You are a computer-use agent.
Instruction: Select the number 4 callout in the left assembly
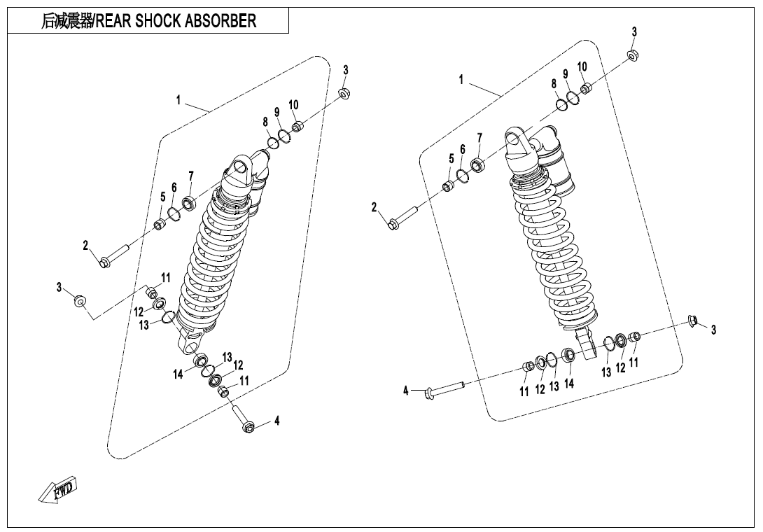coord(277,421)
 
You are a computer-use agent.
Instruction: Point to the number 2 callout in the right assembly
coord(374,206)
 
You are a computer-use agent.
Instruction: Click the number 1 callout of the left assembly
coord(178,101)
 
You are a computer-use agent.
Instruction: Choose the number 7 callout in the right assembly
coord(479,138)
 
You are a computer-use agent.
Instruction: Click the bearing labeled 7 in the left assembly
coord(188,204)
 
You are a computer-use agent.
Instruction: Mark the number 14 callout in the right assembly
coord(569,384)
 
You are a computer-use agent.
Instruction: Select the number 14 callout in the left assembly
coord(178,374)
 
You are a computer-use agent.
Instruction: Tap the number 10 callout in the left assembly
coord(293,105)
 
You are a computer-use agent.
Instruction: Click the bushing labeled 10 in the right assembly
coord(587,87)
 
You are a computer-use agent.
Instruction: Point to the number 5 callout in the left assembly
coord(163,197)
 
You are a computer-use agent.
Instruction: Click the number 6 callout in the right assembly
coord(463,150)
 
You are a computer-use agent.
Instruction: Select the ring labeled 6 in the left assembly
coord(172,210)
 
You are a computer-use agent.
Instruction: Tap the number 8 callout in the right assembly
coord(554,83)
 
